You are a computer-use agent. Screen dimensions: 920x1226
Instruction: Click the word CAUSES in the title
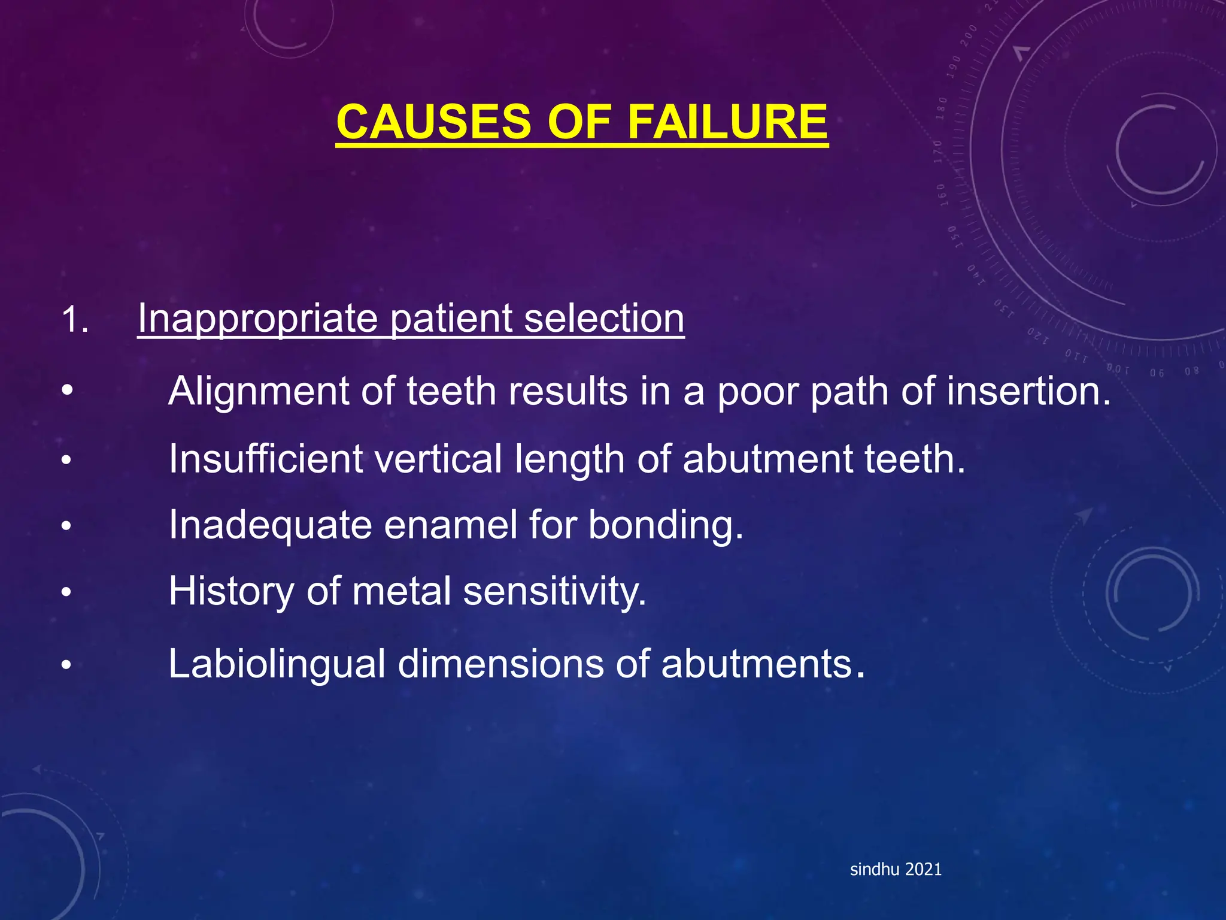(433, 122)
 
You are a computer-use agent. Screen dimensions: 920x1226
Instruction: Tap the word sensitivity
(554, 592)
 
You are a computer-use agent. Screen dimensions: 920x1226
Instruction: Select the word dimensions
(500, 664)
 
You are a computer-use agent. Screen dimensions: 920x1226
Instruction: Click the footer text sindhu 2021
(896, 869)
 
